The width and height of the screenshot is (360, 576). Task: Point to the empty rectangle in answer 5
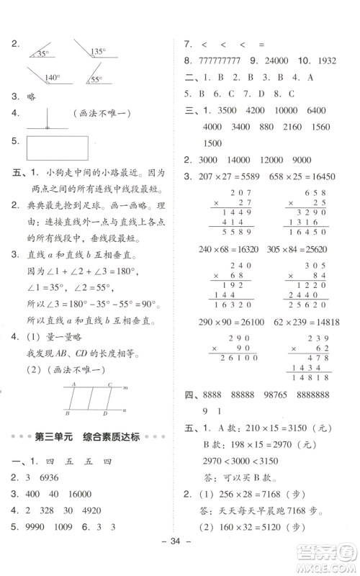[58, 148]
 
